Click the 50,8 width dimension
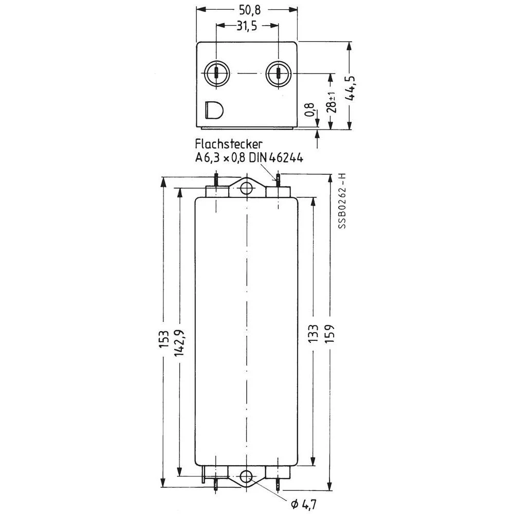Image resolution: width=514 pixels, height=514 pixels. [x=247, y=9]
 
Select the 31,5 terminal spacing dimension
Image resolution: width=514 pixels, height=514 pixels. [x=247, y=26]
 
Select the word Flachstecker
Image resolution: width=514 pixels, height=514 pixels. [x=229, y=144]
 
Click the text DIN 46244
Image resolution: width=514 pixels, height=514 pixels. [x=277, y=158]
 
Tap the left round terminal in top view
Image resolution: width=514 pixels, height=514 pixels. [x=216, y=74]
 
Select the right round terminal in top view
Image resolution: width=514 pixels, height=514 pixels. [x=278, y=74]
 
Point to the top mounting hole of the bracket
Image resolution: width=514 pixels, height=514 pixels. [x=247, y=187]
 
